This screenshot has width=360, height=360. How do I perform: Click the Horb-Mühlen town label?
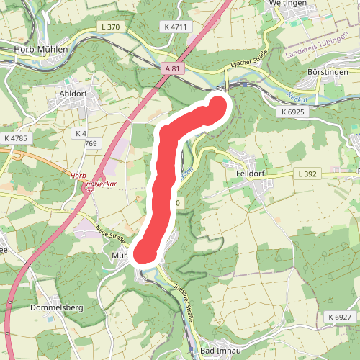click(x=41, y=49)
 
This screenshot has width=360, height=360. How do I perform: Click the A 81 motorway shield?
click(x=170, y=68)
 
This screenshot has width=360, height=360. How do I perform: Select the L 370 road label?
click(x=112, y=27)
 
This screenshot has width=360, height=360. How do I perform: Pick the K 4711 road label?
click(x=175, y=27)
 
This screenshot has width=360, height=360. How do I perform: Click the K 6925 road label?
click(x=293, y=112)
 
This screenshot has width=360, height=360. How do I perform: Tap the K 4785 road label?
click(x=15, y=138)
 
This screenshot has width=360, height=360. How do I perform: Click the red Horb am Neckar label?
click(x=89, y=180)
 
